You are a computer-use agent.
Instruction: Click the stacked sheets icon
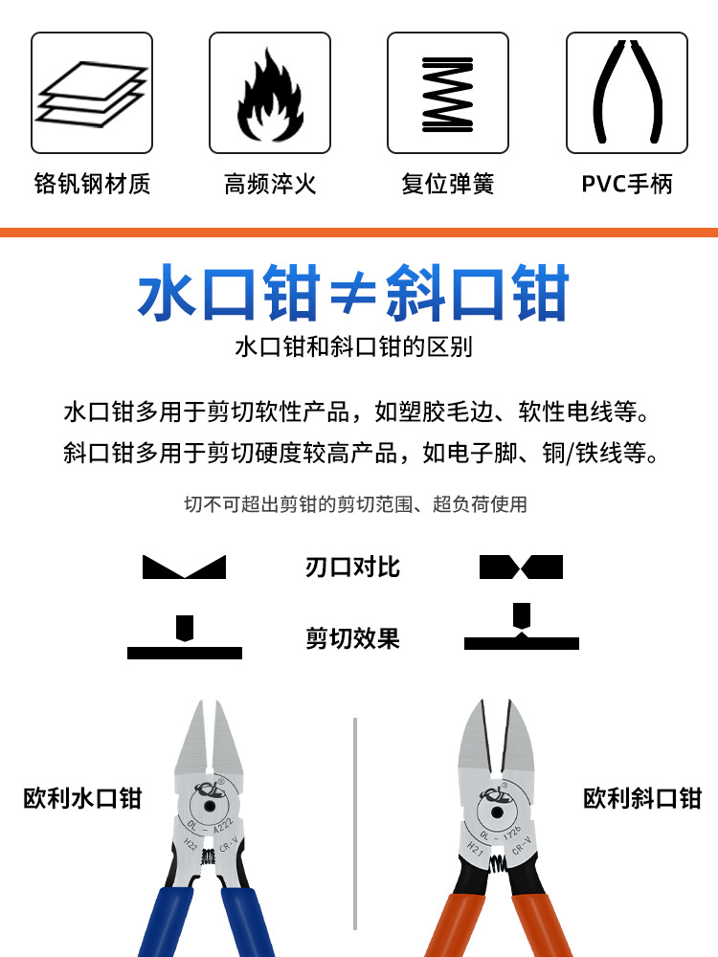pos(92,94)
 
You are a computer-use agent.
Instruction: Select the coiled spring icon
pos(447,95)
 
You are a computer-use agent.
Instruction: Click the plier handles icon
pos(627,92)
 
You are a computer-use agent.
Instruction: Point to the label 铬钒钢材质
pos(92,184)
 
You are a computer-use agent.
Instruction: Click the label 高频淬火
pos(270,184)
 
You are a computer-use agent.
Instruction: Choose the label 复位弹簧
pos(447,184)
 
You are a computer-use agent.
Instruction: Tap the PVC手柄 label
pos(627,184)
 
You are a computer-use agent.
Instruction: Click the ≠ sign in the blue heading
pos(353,294)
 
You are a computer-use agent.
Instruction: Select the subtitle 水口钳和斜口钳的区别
pos(353,346)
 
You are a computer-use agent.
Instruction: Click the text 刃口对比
pos(352,567)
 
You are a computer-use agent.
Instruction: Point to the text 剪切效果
pos(352,639)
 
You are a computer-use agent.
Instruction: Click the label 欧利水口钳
pos(82,798)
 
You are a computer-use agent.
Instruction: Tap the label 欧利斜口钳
pos(642,798)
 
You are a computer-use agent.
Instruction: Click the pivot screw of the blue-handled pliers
pos(210,806)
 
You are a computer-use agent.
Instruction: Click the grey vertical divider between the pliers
pos(355,824)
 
